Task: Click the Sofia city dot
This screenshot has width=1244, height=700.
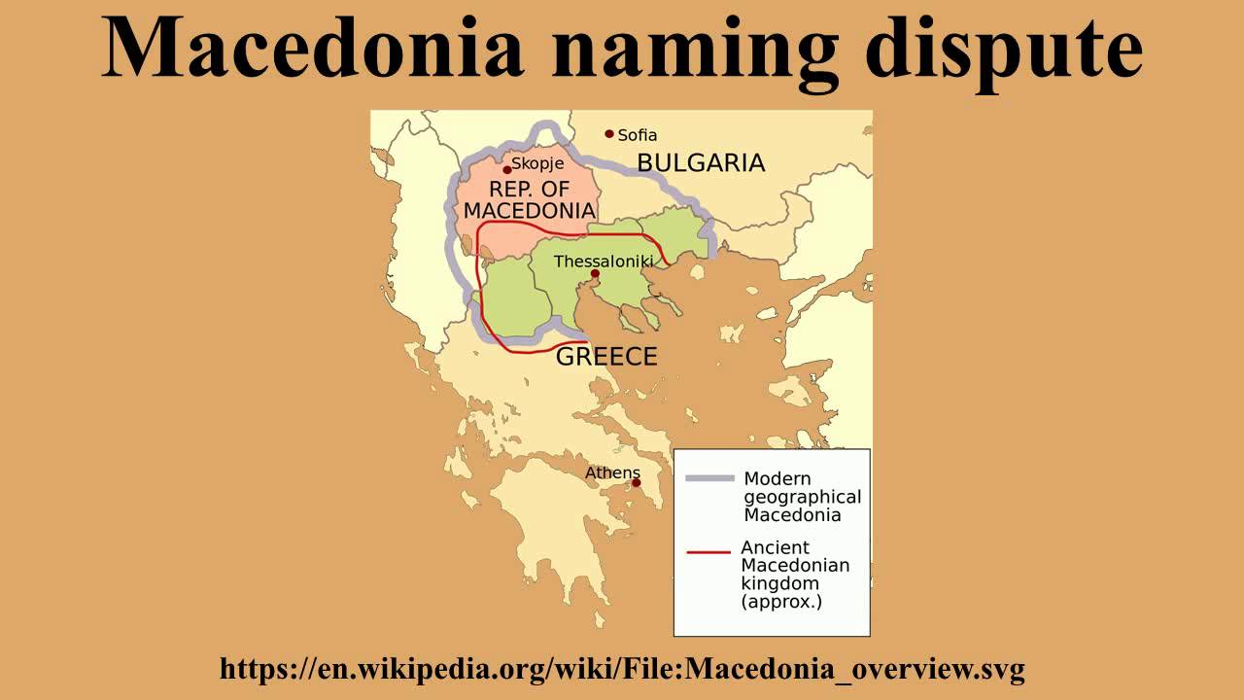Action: [x=609, y=134]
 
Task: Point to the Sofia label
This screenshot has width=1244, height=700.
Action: [x=638, y=135]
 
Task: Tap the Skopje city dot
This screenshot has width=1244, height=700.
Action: [x=506, y=169]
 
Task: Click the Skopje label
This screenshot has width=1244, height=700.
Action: [x=537, y=164]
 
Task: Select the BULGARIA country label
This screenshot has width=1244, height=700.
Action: [x=701, y=162]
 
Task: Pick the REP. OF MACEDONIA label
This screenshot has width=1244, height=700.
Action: [x=529, y=199]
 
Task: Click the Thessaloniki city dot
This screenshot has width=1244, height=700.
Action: [x=595, y=273]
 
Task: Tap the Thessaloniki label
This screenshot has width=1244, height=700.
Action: [x=604, y=261]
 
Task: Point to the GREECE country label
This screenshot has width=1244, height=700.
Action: [x=606, y=357]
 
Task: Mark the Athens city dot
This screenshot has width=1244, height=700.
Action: [x=636, y=482]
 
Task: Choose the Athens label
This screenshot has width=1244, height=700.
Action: [x=612, y=472]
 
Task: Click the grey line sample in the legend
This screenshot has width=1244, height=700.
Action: [x=709, y=478]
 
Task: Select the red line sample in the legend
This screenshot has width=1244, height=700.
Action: [x=708, y=552]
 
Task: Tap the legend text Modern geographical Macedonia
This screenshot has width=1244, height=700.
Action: [x=802, y=496]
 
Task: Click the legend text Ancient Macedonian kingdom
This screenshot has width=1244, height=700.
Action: [x=794, y=565]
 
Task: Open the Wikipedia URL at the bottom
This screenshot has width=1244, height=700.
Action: [x=622, y=669]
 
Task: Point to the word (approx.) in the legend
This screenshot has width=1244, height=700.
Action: [x=781, y=601]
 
